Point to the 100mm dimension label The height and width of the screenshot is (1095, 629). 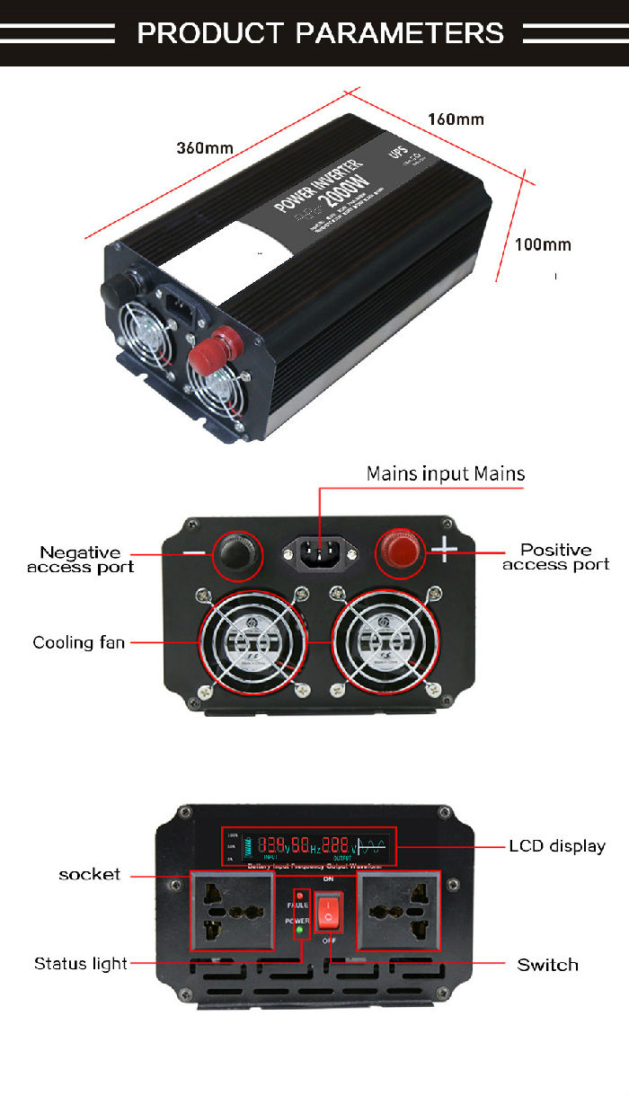[x=543, y=244]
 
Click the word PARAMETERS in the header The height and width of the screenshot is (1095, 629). [x=400, y=33]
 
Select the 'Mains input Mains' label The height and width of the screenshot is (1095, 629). [x=445, y=473]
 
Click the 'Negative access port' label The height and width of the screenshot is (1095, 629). [x=80, y=560]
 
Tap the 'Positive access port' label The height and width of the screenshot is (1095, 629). [x=555, y=557]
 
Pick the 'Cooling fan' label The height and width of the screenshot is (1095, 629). [x=78, y=642]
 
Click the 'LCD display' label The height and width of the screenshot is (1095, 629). [x=557, y=846]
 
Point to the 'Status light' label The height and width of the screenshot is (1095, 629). [x=81, y=964]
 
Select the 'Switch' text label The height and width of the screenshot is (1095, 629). [x=547, y=965]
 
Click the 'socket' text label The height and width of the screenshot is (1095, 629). [x=89, y=874]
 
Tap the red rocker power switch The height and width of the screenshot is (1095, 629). [x=329, y=911]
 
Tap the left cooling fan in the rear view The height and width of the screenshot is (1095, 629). [x=241, y=640]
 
